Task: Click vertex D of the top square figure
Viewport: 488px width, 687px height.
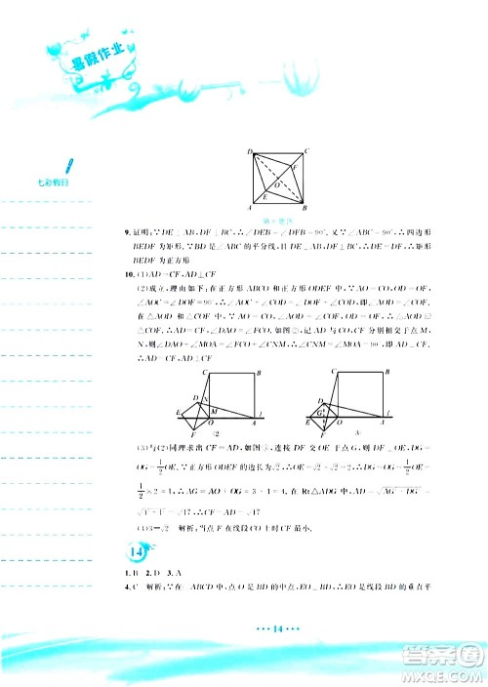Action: [251, 151]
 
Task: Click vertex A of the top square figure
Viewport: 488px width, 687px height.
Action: [251, 208]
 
